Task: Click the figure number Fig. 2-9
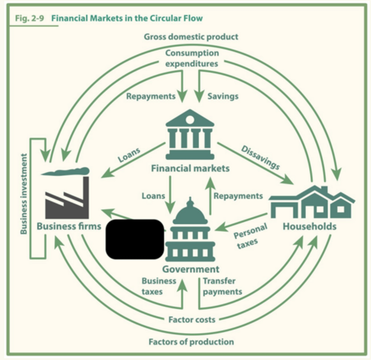tap(29, 18)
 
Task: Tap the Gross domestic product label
tap(191, 37)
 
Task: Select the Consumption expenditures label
tap(192, 58)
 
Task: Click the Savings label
tap(223, 96)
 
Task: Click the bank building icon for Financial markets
tap(190, 134)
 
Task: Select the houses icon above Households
tap(312, 202)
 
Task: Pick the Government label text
tap(191, 269)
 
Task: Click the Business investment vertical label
tap(24, 194)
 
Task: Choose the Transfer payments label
tap(222, 286)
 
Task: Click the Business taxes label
tap(158, 286)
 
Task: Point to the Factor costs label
tap(192, 319)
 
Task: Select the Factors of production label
tap(191, 342)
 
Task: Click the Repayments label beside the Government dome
tap(238, 196)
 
